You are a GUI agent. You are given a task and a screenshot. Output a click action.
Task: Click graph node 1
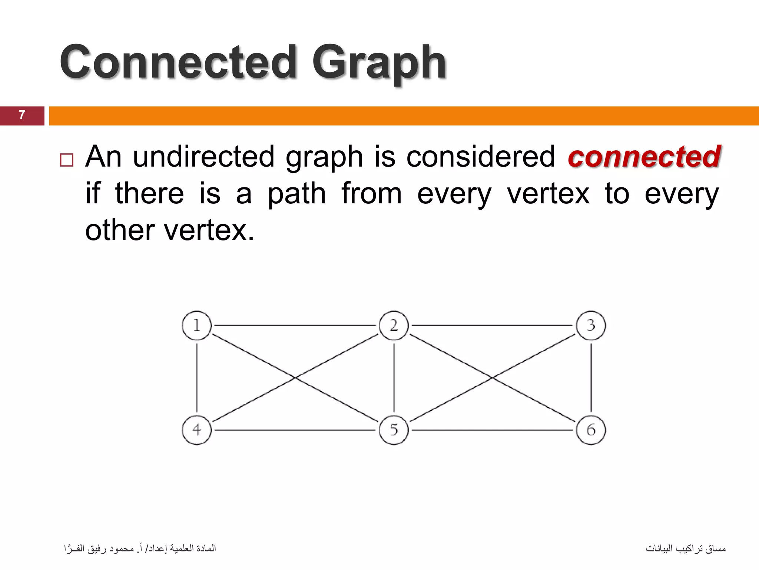pyautogui.click(x=197, y=325)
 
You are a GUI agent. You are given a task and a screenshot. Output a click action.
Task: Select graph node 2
pyautogui.click(x=394, y=325)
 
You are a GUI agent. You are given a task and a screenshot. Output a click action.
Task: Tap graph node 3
pyautogui.click(x=591, y=325)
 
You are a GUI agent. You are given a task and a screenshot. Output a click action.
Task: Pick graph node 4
pyautogui.click(x=197, y=430)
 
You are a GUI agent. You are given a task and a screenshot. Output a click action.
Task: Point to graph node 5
pyautogui.click(x=394, y=430)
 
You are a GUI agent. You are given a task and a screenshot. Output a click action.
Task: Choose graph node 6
pyautogui.click(x=591, y=430)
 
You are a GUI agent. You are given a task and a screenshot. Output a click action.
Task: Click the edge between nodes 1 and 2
pyautogui.click(x=295, y=325)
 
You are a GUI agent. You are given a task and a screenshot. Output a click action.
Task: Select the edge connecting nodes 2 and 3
pyautogui.click(x=492, y=325)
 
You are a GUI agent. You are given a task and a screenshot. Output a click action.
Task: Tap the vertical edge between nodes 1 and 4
pyautogui.click(x=197, y=378)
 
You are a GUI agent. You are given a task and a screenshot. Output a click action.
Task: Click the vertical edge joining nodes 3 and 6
pyautogui.click(x=591, y=378)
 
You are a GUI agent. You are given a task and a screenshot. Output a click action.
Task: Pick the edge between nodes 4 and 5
pyautogui.click(x=295, y=430)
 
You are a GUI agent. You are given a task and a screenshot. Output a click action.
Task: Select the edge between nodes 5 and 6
pyautogui.click(x=492, y=430)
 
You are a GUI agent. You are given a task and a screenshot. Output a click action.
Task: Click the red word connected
pyautogui.click(x=644, y=157)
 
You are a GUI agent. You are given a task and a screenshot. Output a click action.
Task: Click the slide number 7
pyautogui.click(x=22, y=115)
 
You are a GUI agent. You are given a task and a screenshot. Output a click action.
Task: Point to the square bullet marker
pyautogui.click(x=67, y=160)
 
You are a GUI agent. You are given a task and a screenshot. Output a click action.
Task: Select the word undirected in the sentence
pyautogui.click(x=203, y=157)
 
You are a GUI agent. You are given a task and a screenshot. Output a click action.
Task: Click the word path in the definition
pyautogui.click(x=296, y=194)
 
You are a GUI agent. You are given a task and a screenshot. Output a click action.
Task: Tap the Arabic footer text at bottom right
pyautogui.click(x=686, y=548)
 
